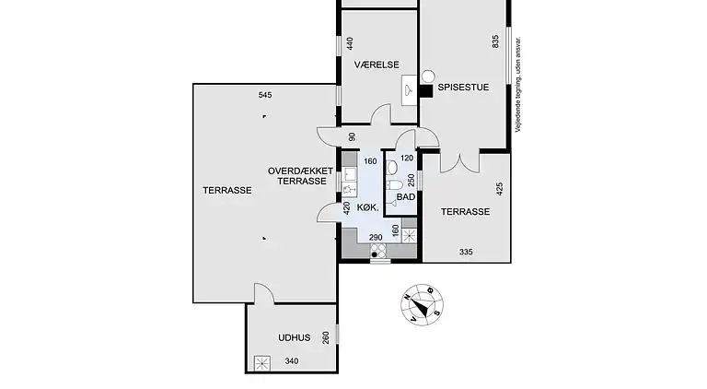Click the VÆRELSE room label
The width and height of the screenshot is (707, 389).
click(x=377, y=65)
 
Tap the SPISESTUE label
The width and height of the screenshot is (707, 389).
click(x=463, y=87)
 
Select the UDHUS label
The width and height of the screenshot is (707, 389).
click(x=294, y=337)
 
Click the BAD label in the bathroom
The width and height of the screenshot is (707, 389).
click(x=406, y=197)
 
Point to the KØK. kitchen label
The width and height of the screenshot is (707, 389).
click(x=368, y=207)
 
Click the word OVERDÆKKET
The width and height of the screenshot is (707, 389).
click(x=300, y=171)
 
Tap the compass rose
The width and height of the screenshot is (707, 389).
click(x=422, y=304)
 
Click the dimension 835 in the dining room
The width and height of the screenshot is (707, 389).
click(x=496, y=42)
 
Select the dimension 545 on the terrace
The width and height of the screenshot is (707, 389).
click(x=265, y=95)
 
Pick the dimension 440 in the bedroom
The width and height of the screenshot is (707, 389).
click(x=350, y=43)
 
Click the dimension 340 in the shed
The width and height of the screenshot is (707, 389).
click(x=292, y=361)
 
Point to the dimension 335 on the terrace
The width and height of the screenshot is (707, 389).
click(x=466, y=252)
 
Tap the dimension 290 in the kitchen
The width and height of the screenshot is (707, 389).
click(x=376, y=238)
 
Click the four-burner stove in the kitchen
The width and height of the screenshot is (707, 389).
click(x=378, y=251)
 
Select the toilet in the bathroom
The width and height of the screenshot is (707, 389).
click(x=394, y=184)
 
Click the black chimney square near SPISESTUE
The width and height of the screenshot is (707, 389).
click(x=426, y=90)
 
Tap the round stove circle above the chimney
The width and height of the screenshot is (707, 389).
click(x=428, y=77)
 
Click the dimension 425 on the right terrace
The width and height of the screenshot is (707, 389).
click(x=499, y=189)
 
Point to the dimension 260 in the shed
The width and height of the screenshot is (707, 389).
click(x=326, y=337)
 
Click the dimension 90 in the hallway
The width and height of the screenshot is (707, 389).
click(x=353, y=136)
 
